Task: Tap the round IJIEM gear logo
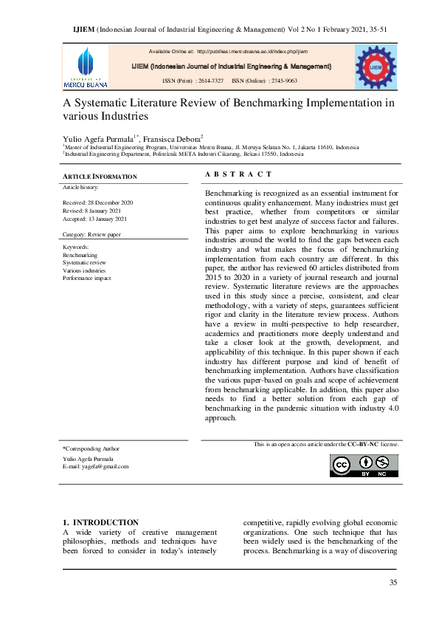pyautogui.click(x=376, y=66)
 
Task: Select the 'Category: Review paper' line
pyautogui.click(x=92, y=234)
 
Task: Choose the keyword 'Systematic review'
pyautogui.click(x=84, y=262)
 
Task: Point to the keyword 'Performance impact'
pyautogui.click(x=86, y=278)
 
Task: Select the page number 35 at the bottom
pyautogui.click(x=393, y=584)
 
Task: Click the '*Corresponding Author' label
pyautogui.click(x=91, y=448)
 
